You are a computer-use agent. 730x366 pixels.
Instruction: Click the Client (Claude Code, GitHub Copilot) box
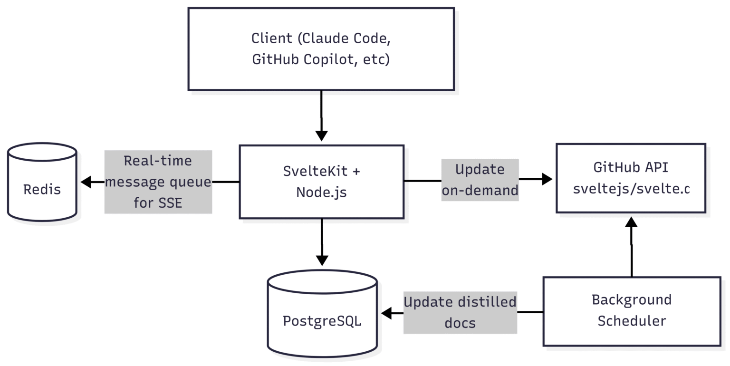tap(321, 49)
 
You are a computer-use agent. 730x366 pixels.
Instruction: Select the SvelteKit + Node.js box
tap(321, 182)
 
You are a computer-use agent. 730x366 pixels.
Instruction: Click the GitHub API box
tap(631, 178)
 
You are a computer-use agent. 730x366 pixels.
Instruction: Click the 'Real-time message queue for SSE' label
tap(158, 182)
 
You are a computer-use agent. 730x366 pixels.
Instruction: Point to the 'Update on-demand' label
tap(480, 180)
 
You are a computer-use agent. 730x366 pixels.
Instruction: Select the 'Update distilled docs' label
tap(460, 312)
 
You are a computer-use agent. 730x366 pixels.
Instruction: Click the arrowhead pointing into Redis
tap(86, 182)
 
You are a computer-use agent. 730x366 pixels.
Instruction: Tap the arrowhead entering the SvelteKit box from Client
tap(322, 135)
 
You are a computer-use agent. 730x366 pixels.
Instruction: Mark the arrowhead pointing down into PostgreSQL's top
tap(322, 260)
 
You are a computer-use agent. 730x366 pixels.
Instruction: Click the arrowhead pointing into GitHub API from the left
tap(547, 179)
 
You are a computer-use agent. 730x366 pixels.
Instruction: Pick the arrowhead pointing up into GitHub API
tap(631, 222)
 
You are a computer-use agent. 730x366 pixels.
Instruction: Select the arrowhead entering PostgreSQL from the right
tap(386, 313)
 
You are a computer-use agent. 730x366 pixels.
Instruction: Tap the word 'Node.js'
tap(321, 192)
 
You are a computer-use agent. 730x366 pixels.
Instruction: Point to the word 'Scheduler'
tap(632, 321)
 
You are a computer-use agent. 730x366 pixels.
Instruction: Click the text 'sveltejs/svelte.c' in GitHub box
tap(631, 189)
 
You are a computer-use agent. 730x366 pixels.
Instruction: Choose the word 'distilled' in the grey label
tap(487, 302)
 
